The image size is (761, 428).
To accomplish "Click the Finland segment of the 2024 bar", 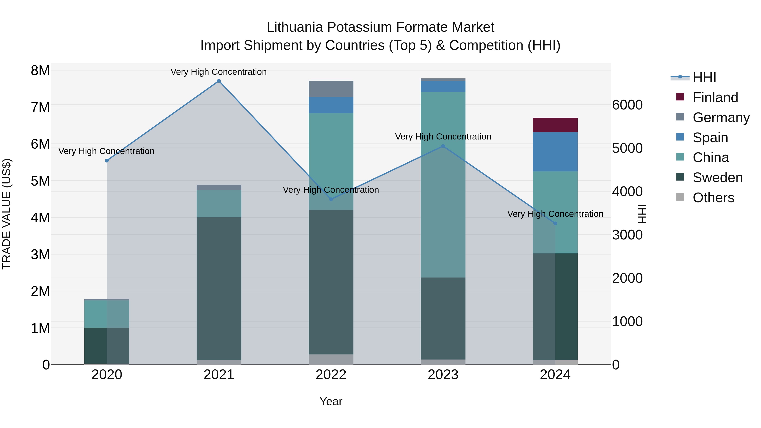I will pos(555,125).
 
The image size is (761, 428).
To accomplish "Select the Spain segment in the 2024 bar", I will pos(555,152).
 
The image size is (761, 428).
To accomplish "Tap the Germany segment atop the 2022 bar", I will pos(331,89).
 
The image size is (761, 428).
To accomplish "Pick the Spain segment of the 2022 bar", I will pos(331,105).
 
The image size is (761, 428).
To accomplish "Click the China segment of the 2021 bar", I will pos(219,204).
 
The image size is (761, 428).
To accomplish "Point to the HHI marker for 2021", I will pos(219,81).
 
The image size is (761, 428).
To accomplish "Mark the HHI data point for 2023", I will pos(443,146).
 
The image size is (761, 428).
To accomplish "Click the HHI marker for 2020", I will pos(107,161).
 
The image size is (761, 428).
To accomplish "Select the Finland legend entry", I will pos(715,97).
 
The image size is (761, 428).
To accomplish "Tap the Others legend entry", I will pos(713,198).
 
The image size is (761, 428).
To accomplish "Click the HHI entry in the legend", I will pos(704,77).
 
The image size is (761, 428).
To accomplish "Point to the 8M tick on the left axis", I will pos(40,71).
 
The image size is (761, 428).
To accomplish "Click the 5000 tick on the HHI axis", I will pos(627,148).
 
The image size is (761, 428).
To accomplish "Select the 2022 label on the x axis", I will pos(331,375).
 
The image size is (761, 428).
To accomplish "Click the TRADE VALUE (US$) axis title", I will pos(7,214).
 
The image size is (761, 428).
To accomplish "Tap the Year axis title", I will pos(331,401).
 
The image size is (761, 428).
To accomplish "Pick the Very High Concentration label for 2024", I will pos(555,214).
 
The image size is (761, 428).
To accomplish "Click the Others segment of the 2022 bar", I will pos(331,359).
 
